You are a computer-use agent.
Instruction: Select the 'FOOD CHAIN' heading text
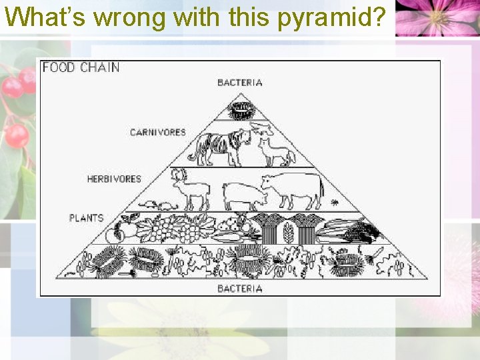coord(81,67)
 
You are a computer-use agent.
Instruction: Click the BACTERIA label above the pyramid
coord(240,83)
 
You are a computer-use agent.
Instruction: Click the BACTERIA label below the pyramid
coord(240,288)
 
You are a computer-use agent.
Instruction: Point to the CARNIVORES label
coord(157,132)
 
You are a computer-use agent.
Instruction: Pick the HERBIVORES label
coord(114,179)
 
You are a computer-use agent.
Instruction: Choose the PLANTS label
coord(87,217)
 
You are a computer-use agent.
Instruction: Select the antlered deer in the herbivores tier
coord(189,189)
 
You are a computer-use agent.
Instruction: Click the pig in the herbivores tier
coord(243,196)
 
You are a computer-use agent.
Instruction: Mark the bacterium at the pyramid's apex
coord(241,108)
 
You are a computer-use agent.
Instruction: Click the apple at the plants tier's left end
coord(115,233)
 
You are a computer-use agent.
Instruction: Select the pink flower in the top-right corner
coord(437,17)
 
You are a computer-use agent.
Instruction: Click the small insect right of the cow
coord(335,201)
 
